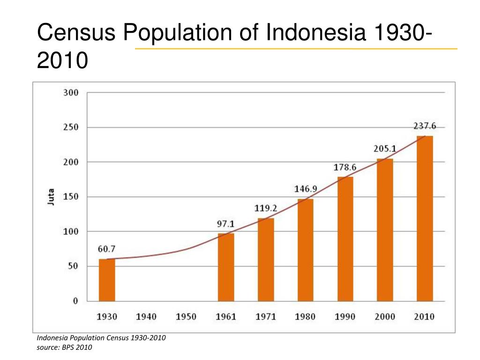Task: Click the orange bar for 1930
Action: click(107, 280)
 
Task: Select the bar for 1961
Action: click(226, 267)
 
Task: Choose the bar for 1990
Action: click(345, 239)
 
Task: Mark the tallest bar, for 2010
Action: click(425, 218)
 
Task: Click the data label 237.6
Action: click(425, 126)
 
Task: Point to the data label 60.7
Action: click(107, 249)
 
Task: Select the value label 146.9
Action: click(306, 189)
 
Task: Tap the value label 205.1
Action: click(385, 149)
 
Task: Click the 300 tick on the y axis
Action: click(71, 93)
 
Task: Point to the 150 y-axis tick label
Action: click(71, 197)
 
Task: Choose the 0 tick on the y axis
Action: click(75, 301)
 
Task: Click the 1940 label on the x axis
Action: click(146, 317)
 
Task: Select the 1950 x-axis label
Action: click(186, 317)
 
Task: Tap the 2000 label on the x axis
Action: click(385, 317)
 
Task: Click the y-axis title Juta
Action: click(51, 197)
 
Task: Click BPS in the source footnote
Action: click(68, 347)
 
